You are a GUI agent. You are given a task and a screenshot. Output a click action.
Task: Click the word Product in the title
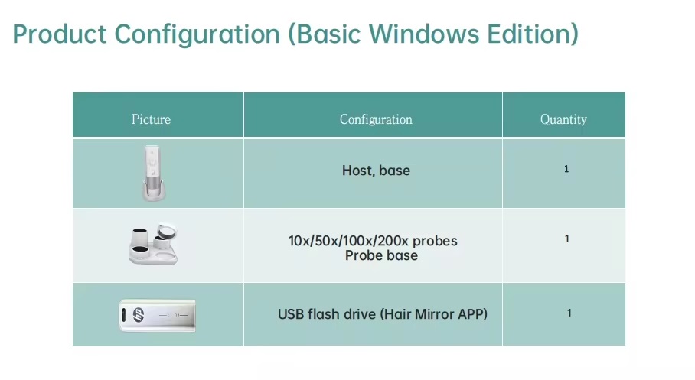pyautogui.click(x=60, y=34)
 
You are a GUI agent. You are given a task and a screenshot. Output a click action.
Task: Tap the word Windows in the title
pyautogui.click(x=424, y=34)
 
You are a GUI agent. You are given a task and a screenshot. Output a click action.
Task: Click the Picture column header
pyautogui.click(x=151, y=119)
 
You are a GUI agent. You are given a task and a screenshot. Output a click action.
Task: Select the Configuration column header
pyautogui.click(x=376, y=119)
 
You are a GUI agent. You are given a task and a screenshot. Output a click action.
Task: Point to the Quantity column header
pyautogui.click(x=563, y=119)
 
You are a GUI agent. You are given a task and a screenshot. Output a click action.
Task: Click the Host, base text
pyautogui.click(x=376, y=171)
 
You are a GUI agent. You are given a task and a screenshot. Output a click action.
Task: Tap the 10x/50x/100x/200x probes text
pyautogui.click(x=373, y=241)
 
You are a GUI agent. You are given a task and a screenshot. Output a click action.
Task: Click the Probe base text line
pyautogui.click(x=381, y=255)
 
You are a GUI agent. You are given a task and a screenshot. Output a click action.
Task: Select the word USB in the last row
pyautogui.click(x=291, y=314)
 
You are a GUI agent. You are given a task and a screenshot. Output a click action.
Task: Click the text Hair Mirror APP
pyautogui.click(x=433, y=314)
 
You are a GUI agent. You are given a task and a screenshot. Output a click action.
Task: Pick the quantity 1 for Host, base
pyautogui.click(x=566, y=169)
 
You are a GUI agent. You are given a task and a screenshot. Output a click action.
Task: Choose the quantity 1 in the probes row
pyautogui.click(x=567, y=239)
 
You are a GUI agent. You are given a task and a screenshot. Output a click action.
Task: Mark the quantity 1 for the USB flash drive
pyautogui.click(x=569, y=313)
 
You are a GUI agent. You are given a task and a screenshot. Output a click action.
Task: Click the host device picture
pyautogui.click(x=153, y=173)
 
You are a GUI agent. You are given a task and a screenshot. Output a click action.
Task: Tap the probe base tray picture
pyautogui.click(x=153, y=244)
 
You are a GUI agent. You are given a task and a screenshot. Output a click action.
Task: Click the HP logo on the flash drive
pyautogui.click(x=139, y=315)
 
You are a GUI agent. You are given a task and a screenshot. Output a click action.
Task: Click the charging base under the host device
pyautogui.click(x=154, y=191)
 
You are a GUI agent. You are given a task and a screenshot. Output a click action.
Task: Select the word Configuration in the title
pyautogui.click(x=197, y=34)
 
